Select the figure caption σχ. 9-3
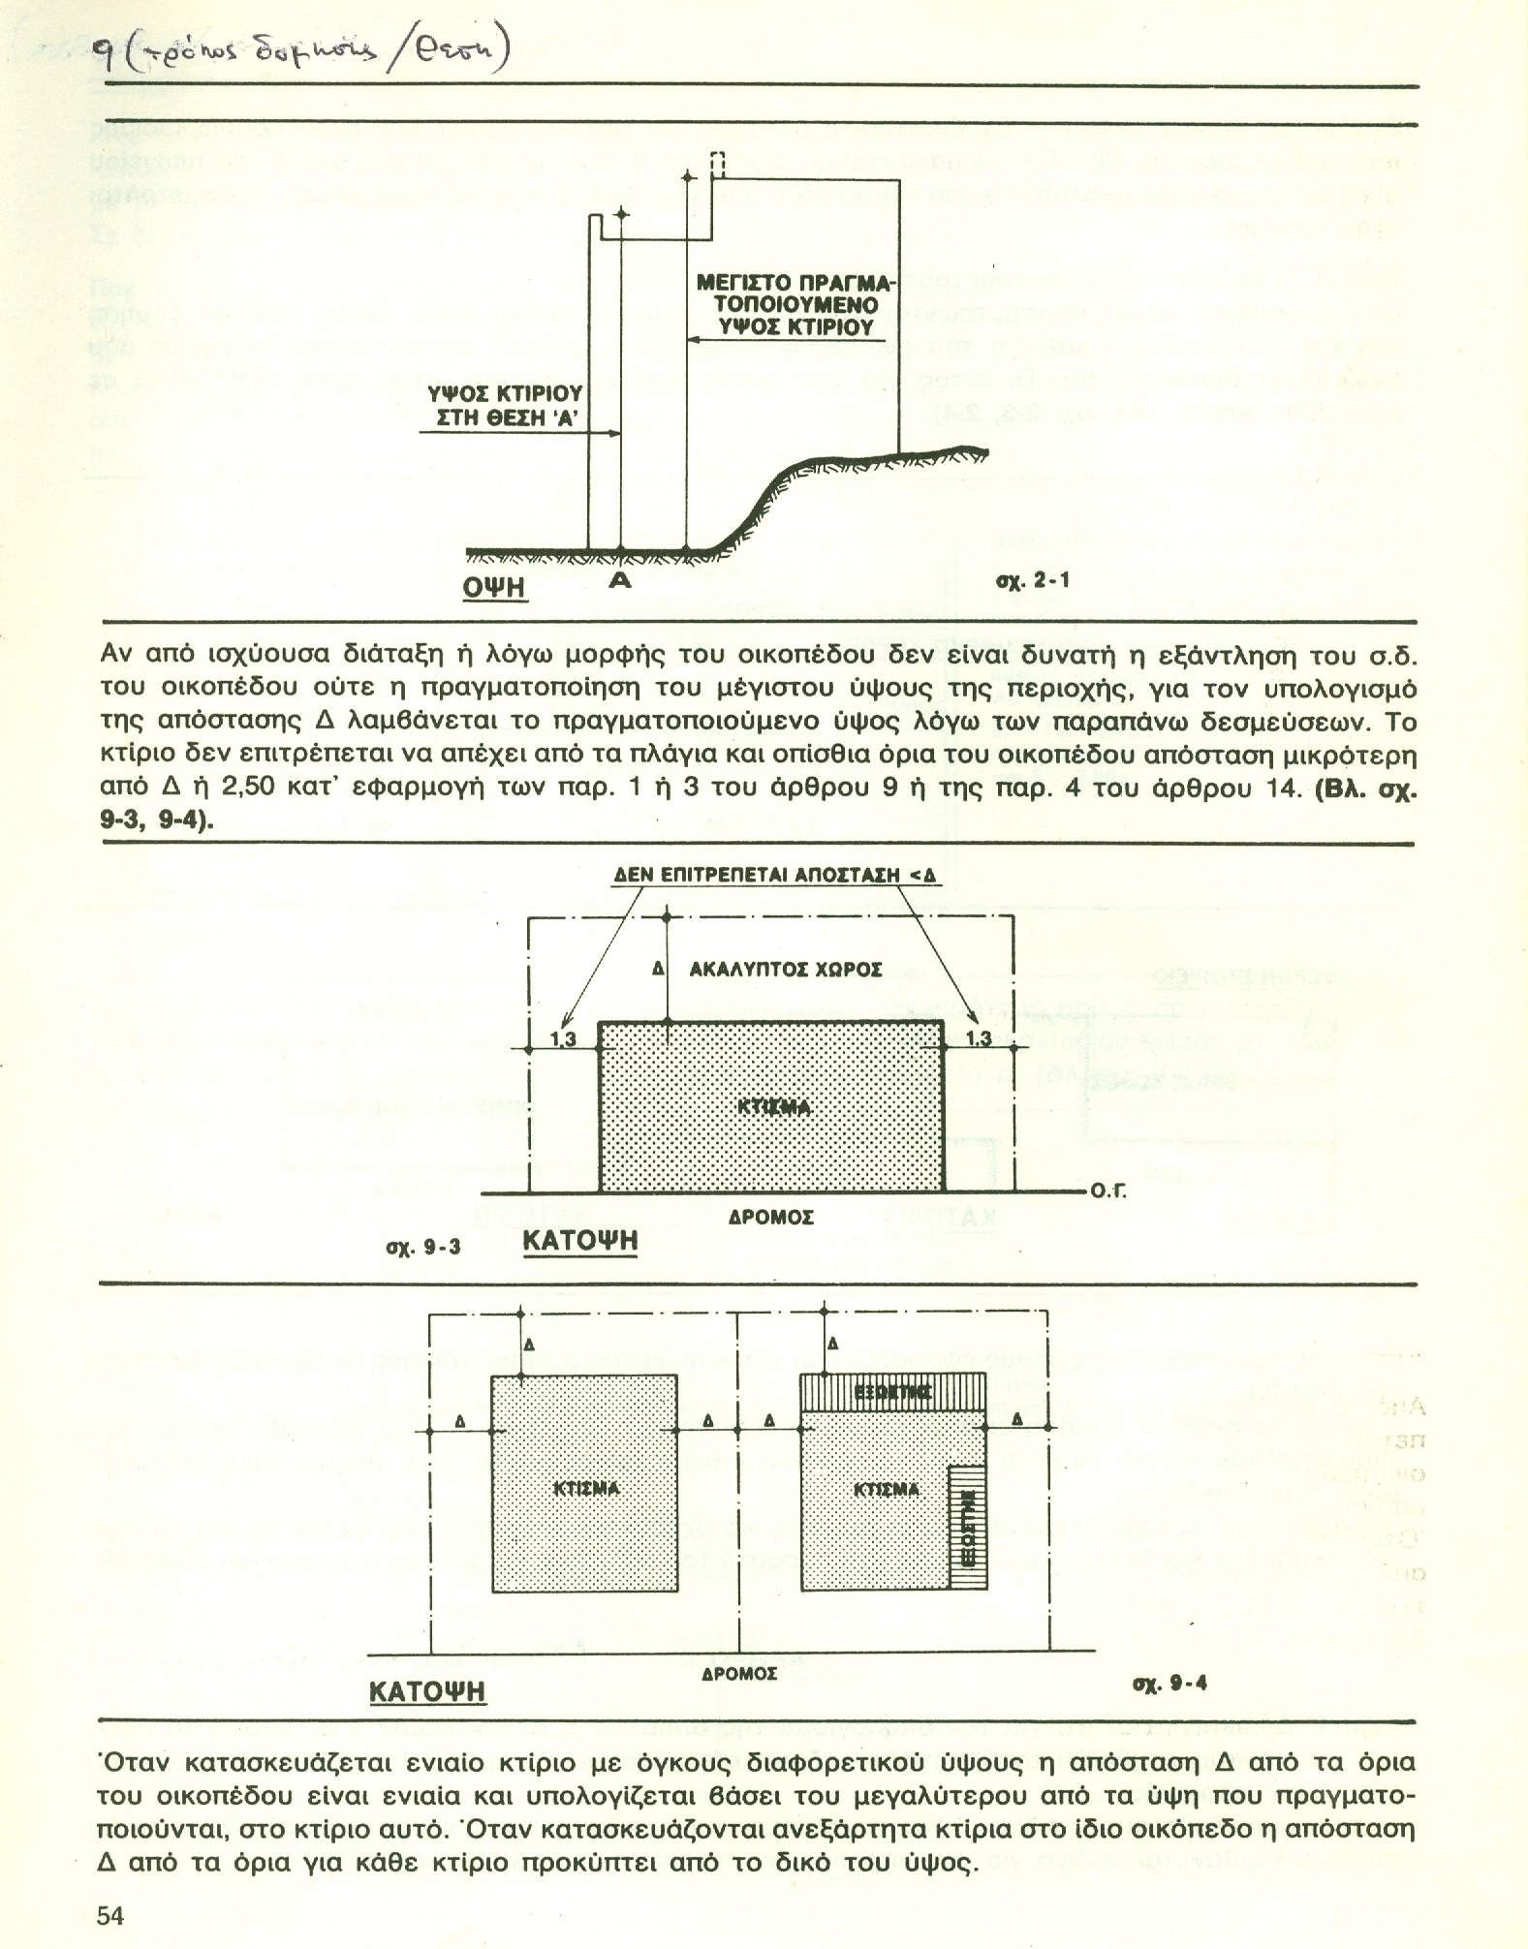point(422,1247)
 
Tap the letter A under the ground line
point(620,581)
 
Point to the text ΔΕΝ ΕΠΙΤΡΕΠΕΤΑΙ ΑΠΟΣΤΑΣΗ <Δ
point(775,876)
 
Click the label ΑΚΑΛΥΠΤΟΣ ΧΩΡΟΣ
point(785,969)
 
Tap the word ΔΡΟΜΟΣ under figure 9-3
point(771,1217)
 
